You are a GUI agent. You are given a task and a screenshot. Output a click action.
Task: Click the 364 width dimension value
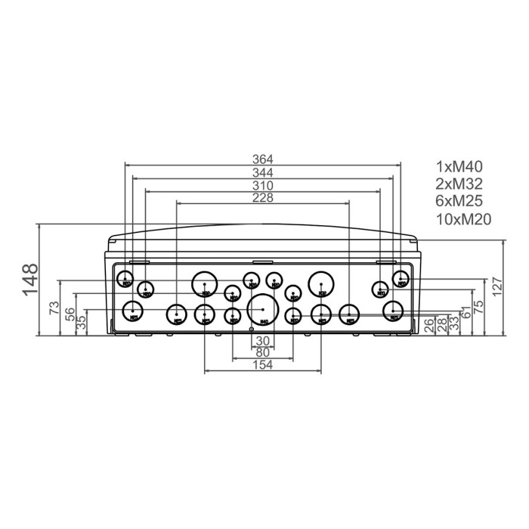262,159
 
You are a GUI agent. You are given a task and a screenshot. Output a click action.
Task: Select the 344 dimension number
262,173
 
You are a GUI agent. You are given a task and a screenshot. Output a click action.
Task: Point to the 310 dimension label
262,186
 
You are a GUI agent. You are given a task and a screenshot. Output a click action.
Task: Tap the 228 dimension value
262,198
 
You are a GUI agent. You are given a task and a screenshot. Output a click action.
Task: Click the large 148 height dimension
30,280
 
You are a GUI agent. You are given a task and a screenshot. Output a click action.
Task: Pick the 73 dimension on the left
54,308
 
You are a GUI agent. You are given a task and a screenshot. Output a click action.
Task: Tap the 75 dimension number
478,308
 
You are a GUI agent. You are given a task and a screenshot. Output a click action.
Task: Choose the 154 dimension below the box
262,365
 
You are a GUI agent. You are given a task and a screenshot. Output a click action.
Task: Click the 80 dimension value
262,353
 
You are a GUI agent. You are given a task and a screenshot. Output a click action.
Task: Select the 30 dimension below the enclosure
262,341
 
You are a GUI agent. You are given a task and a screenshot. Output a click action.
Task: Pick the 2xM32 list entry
459,184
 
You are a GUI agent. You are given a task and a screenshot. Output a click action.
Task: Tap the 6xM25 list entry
459,201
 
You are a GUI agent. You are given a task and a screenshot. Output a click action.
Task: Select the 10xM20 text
464,219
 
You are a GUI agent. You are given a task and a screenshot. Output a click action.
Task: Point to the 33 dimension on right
453,323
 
